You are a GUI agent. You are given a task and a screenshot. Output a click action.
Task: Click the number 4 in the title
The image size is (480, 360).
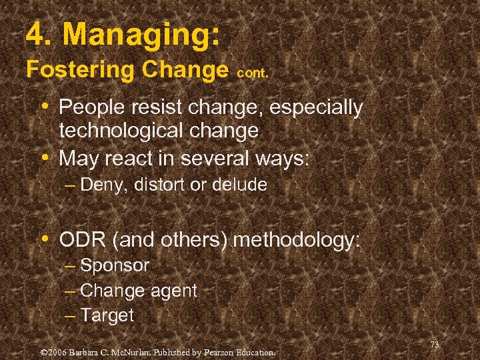pos(35,34)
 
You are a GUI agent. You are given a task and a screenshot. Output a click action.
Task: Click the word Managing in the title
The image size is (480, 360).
pos(145,35)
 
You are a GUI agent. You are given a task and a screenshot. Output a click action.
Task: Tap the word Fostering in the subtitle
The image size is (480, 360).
pos(79,69)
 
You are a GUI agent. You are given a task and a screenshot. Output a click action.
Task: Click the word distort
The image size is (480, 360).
pos(158,185)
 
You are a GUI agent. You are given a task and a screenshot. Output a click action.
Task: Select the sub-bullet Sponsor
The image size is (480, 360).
pos(115,265)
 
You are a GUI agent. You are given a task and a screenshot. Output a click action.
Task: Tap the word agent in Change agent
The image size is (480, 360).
pos(174,291)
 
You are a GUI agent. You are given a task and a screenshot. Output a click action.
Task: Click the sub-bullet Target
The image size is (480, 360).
pos(107,315)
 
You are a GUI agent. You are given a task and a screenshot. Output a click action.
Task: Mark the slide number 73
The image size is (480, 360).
pos(435,345)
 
